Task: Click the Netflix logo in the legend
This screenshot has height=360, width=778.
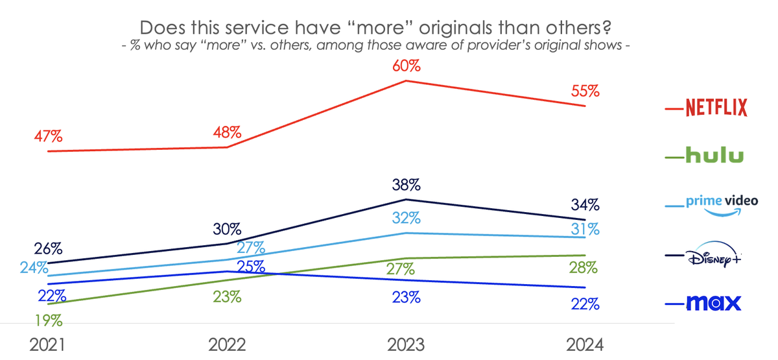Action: [x=716, y=108]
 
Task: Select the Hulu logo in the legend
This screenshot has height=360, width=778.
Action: [x=714, y=156]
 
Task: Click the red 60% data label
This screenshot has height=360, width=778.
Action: [x=406, y=66]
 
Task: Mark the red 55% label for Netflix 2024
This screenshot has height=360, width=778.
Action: [x=585, y=91]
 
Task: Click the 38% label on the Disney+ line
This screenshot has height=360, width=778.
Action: [x=406, y=184]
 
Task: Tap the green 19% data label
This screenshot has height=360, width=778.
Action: [x=49, y=320]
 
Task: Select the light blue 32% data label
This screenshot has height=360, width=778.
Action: [x=406, y=218]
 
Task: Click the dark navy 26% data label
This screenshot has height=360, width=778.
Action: [x=49, y=248]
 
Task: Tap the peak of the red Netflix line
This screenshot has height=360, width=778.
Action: [x=406, y=80]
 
